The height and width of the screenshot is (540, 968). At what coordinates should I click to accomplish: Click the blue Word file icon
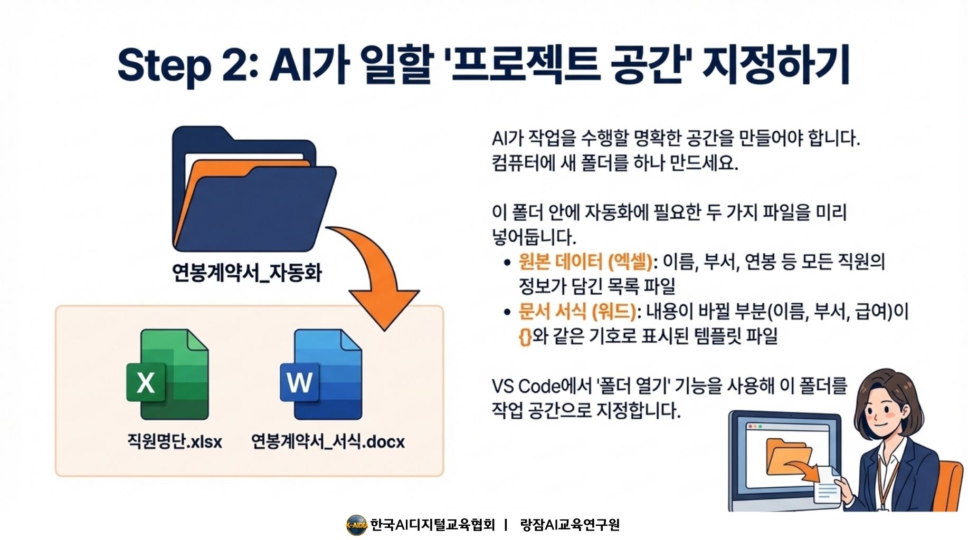(321, 375)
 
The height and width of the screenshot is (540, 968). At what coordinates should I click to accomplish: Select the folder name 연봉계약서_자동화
(246, 273)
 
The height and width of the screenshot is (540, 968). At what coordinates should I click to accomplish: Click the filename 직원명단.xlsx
(175, 441)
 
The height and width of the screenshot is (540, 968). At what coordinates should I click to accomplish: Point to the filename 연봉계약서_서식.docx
(328, 441)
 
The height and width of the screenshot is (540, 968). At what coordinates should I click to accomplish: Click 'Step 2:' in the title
(187, 65)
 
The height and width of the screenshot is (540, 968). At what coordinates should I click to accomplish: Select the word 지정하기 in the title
(776, 65)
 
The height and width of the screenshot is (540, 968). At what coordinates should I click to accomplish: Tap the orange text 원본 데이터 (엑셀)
(585, 262)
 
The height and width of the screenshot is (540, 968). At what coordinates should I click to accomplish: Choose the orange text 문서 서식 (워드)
(577, 311)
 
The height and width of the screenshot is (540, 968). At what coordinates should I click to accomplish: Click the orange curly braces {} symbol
(525, 336)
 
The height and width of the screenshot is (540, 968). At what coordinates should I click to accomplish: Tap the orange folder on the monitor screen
(789, 457)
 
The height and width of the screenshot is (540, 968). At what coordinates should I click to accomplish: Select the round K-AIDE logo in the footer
(356, 525)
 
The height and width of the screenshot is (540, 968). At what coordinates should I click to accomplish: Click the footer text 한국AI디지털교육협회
(433, 525)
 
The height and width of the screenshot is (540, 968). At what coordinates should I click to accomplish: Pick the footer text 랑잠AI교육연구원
(570, 525)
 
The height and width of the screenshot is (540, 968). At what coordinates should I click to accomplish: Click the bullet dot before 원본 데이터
(507, 262)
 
